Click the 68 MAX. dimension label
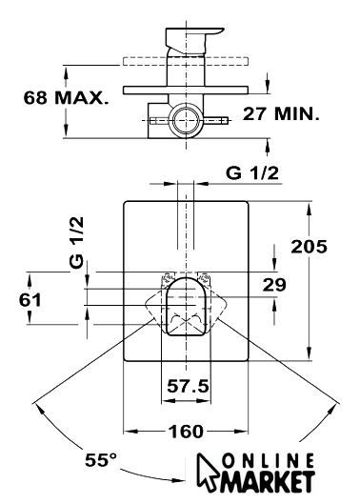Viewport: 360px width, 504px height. pyautogui.click(x=67, y=98)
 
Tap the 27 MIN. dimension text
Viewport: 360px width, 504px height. pyautogui.click(x=281, y=113)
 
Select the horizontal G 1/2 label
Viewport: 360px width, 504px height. pyautogui.click(x=252, y=173)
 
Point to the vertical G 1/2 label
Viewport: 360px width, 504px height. pyautogui.click(x=77, y=242)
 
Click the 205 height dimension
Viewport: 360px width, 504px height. pyautogui.click(x=309, y=247)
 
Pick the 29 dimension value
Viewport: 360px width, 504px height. pyautogui.click(x=274, y=285)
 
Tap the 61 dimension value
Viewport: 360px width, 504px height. pyautogui.click(x=30, y=300)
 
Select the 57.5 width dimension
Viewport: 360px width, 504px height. pyautogui.click(x=188, y=386)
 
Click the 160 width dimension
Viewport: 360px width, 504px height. pyautogui.click(x=186, y=432)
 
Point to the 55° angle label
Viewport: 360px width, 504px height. pyautogui.click(x=101, y=460)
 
